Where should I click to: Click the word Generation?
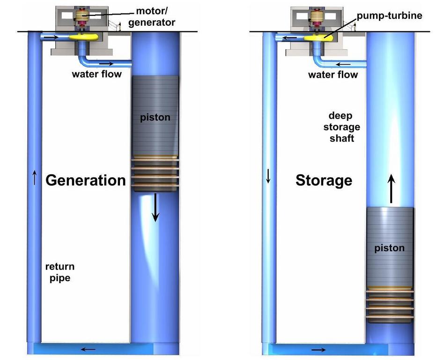pyautogui.click(x=85, y=180)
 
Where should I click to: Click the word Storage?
pyautogui.click(x=324, y=180)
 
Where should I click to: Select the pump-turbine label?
pyautogui.click(x=390, y=15)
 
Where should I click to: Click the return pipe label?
pyautogui.click(x=59, y=272)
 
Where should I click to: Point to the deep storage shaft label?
pyautogui.click(x=344, y=127)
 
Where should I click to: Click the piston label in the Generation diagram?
pyautogui.click(x=155, y=118)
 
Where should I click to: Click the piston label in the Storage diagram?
pyautogui.click(x=390, y=248)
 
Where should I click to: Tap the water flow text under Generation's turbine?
pyautogui.click(x=96, y=74)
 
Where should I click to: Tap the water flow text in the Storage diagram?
pyautogui.click(x=333, y=75)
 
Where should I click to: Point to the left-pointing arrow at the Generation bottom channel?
pyautogui.click(x=88, y=349)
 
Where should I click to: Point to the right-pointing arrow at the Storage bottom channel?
pyautogui.click(x=318, y=349)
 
